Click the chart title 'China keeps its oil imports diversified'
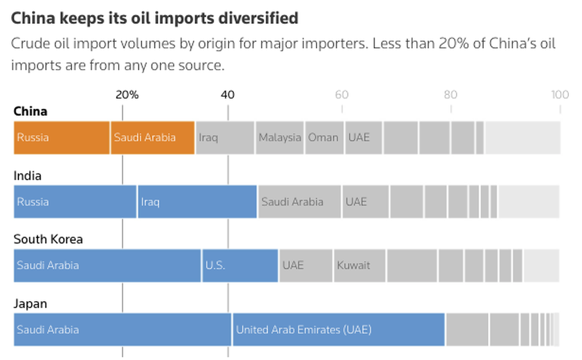154,18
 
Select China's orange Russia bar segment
62,137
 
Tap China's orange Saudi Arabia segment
153,137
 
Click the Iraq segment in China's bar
225,137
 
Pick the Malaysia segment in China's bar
280,137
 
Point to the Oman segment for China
324,137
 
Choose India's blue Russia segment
75,201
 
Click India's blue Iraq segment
197,201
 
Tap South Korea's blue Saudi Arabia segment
107,265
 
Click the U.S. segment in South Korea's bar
240,265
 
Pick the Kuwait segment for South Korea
359,265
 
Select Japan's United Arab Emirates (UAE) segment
339,329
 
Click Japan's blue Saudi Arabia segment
122,329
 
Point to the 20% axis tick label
126,94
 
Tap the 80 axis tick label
451,94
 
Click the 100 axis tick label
559,94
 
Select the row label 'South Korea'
48,239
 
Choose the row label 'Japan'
30,304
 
